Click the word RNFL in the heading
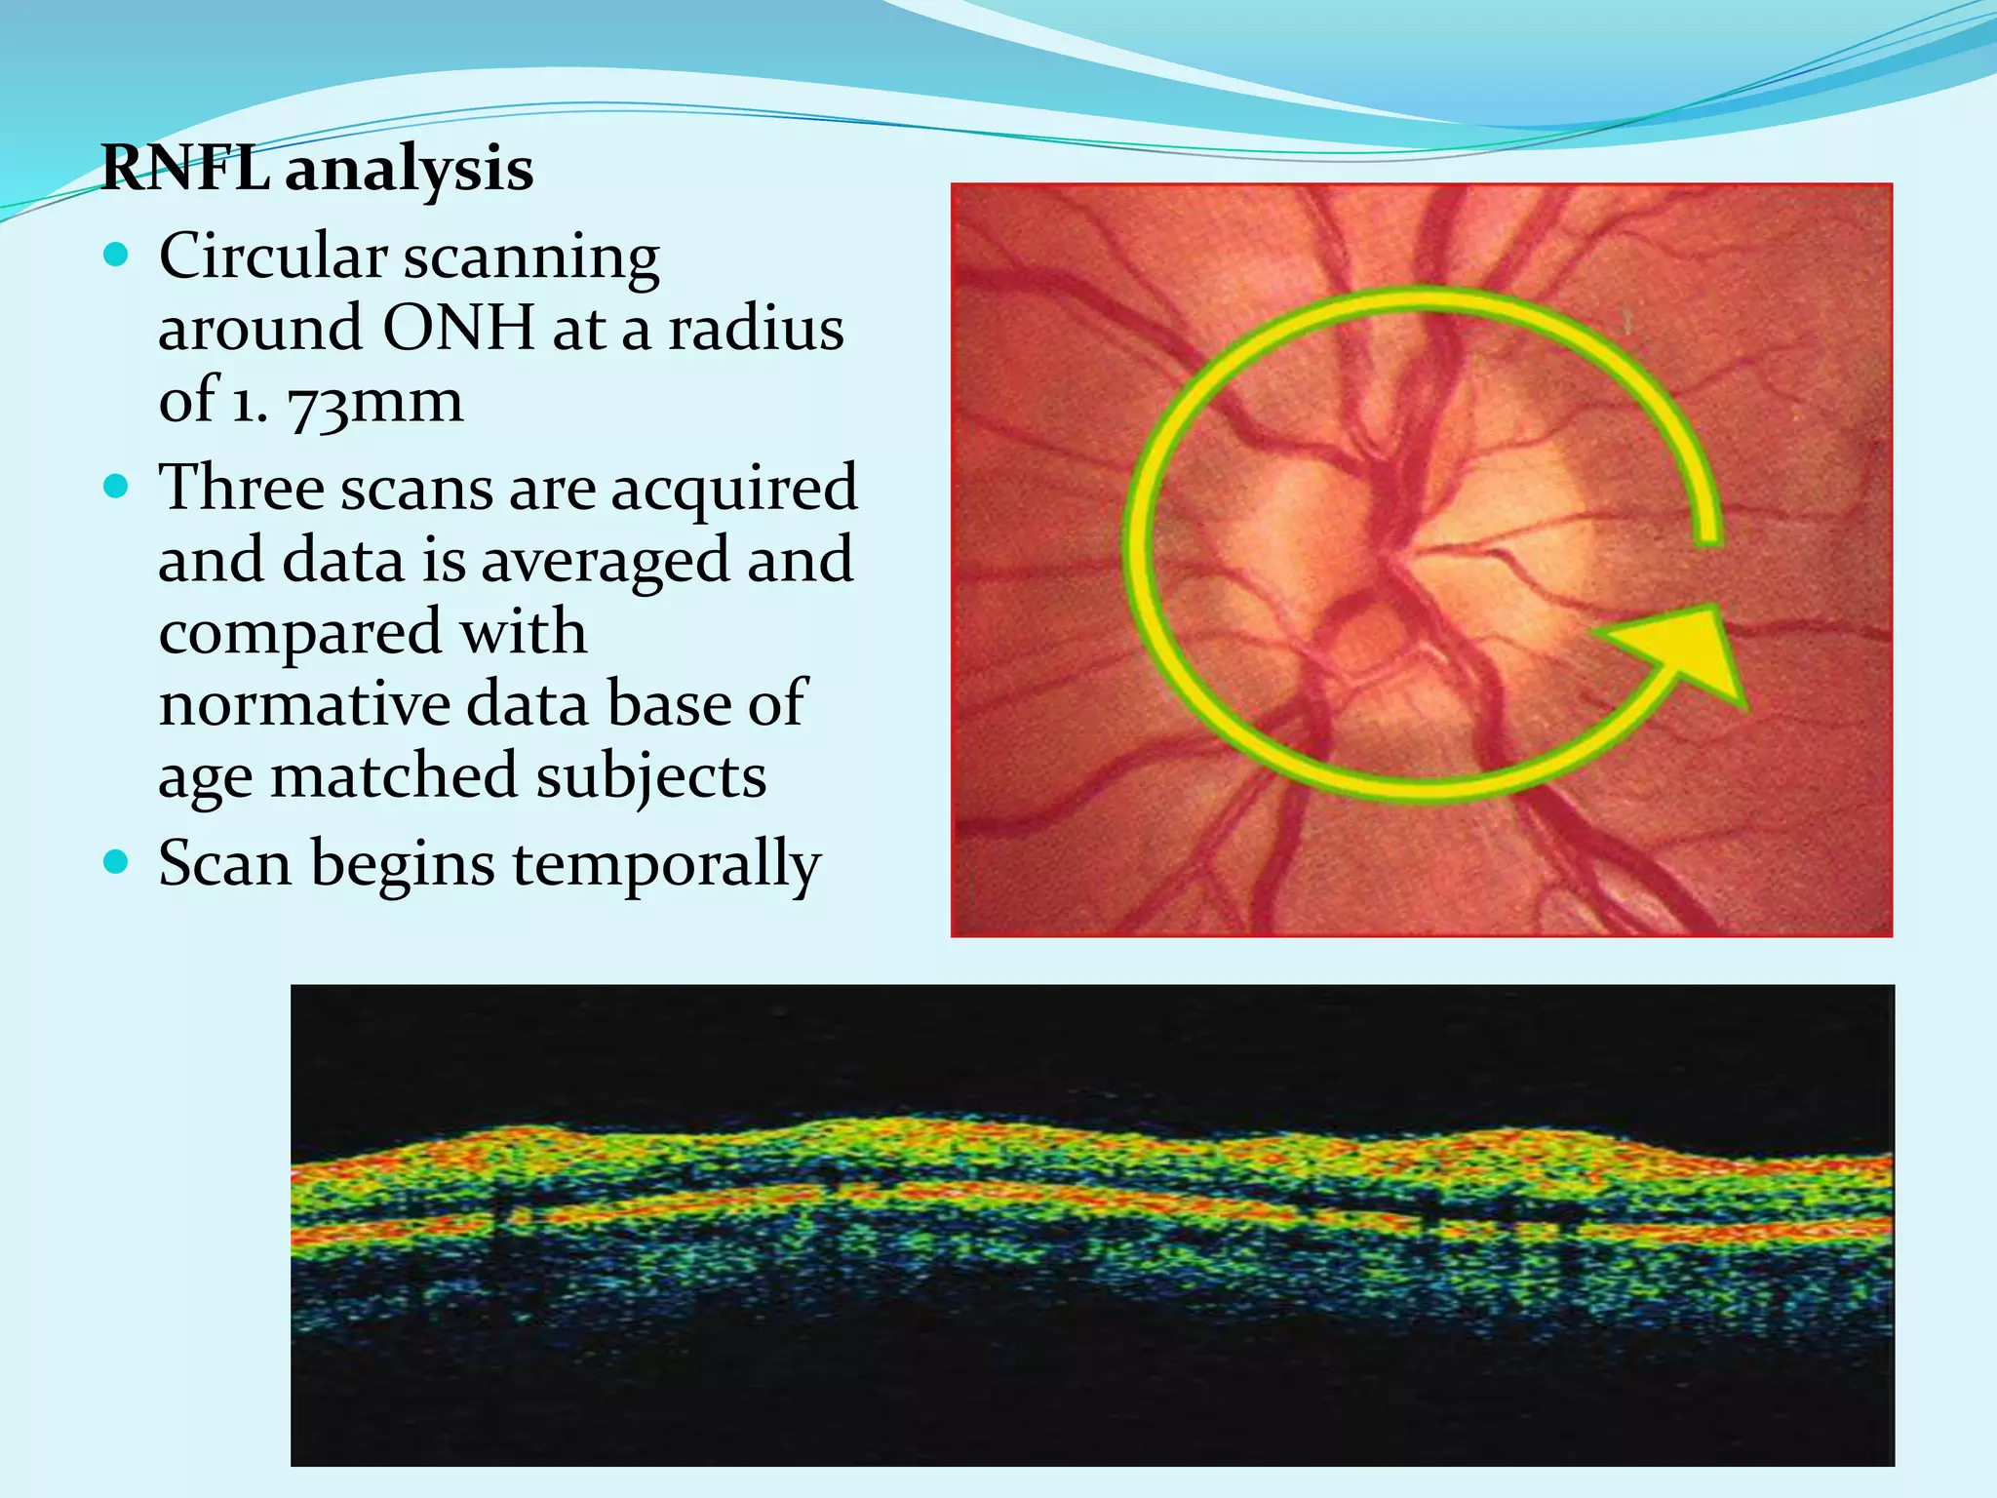185,169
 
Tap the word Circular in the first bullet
273,256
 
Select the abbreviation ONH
458,329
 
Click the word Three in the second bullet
241,488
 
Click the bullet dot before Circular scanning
116,256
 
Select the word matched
394,777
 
